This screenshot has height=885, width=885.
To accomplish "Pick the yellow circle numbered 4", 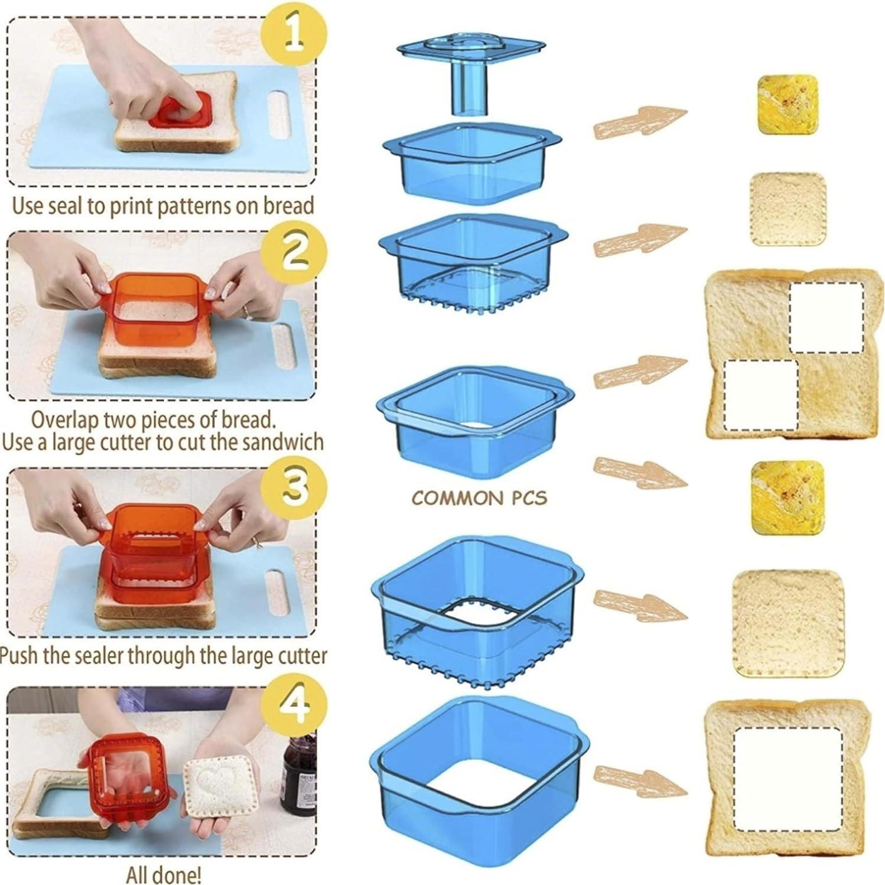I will tap(294, 703).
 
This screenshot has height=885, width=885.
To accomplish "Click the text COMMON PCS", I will tap(479, 498).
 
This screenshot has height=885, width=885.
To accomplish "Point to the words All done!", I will tap(164, 874).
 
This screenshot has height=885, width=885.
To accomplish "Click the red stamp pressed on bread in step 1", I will tap(180, 112).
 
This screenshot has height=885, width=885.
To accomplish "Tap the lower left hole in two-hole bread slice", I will tap(760, 395).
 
